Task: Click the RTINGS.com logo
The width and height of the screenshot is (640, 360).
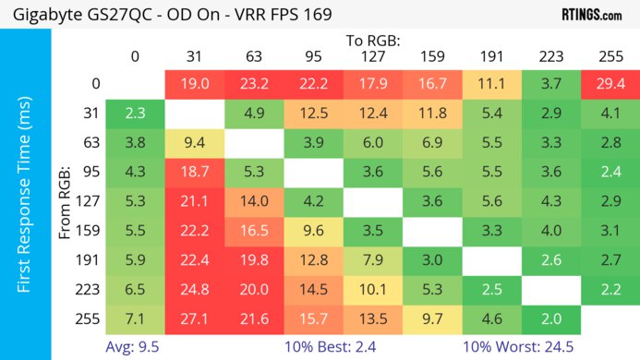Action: (x=591, y=15)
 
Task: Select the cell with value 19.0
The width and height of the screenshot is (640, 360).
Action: (x=194, y=83)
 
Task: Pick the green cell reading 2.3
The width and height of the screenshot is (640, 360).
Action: (x=134, y=114)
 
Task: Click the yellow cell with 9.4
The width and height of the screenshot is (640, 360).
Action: (x=194, y=143)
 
